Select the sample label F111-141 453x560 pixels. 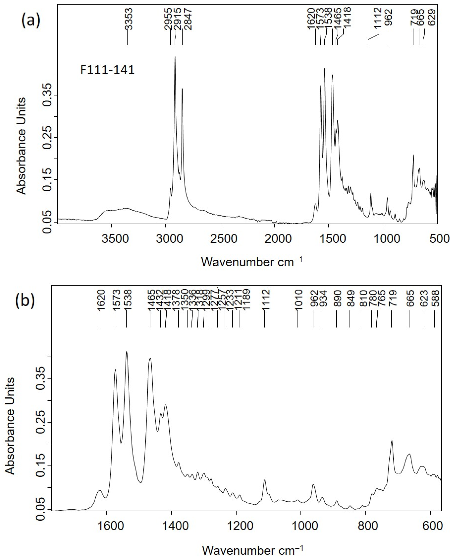[107, 70]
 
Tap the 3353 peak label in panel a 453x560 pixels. [129, 19]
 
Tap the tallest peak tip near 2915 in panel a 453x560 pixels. [175, 57]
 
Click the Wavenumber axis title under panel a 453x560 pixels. [252, 262]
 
